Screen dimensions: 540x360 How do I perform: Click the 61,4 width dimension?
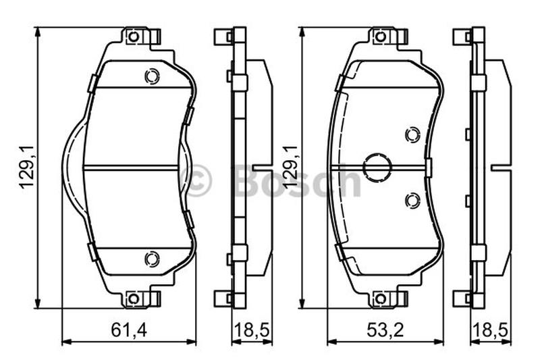point(128,330)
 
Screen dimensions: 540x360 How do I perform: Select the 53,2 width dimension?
point(384,330)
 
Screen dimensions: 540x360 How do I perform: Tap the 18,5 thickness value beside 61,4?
point(251,330)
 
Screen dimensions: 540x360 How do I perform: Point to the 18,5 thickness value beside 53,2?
point(491,330)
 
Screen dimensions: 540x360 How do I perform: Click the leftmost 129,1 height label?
point(27,167)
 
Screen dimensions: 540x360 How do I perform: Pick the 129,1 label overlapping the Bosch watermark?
point(291,167)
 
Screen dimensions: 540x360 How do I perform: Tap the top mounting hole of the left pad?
point(133,36)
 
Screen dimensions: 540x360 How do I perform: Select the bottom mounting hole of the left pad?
point(133,299)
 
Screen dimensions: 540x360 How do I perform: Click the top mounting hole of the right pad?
point(380,36)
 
